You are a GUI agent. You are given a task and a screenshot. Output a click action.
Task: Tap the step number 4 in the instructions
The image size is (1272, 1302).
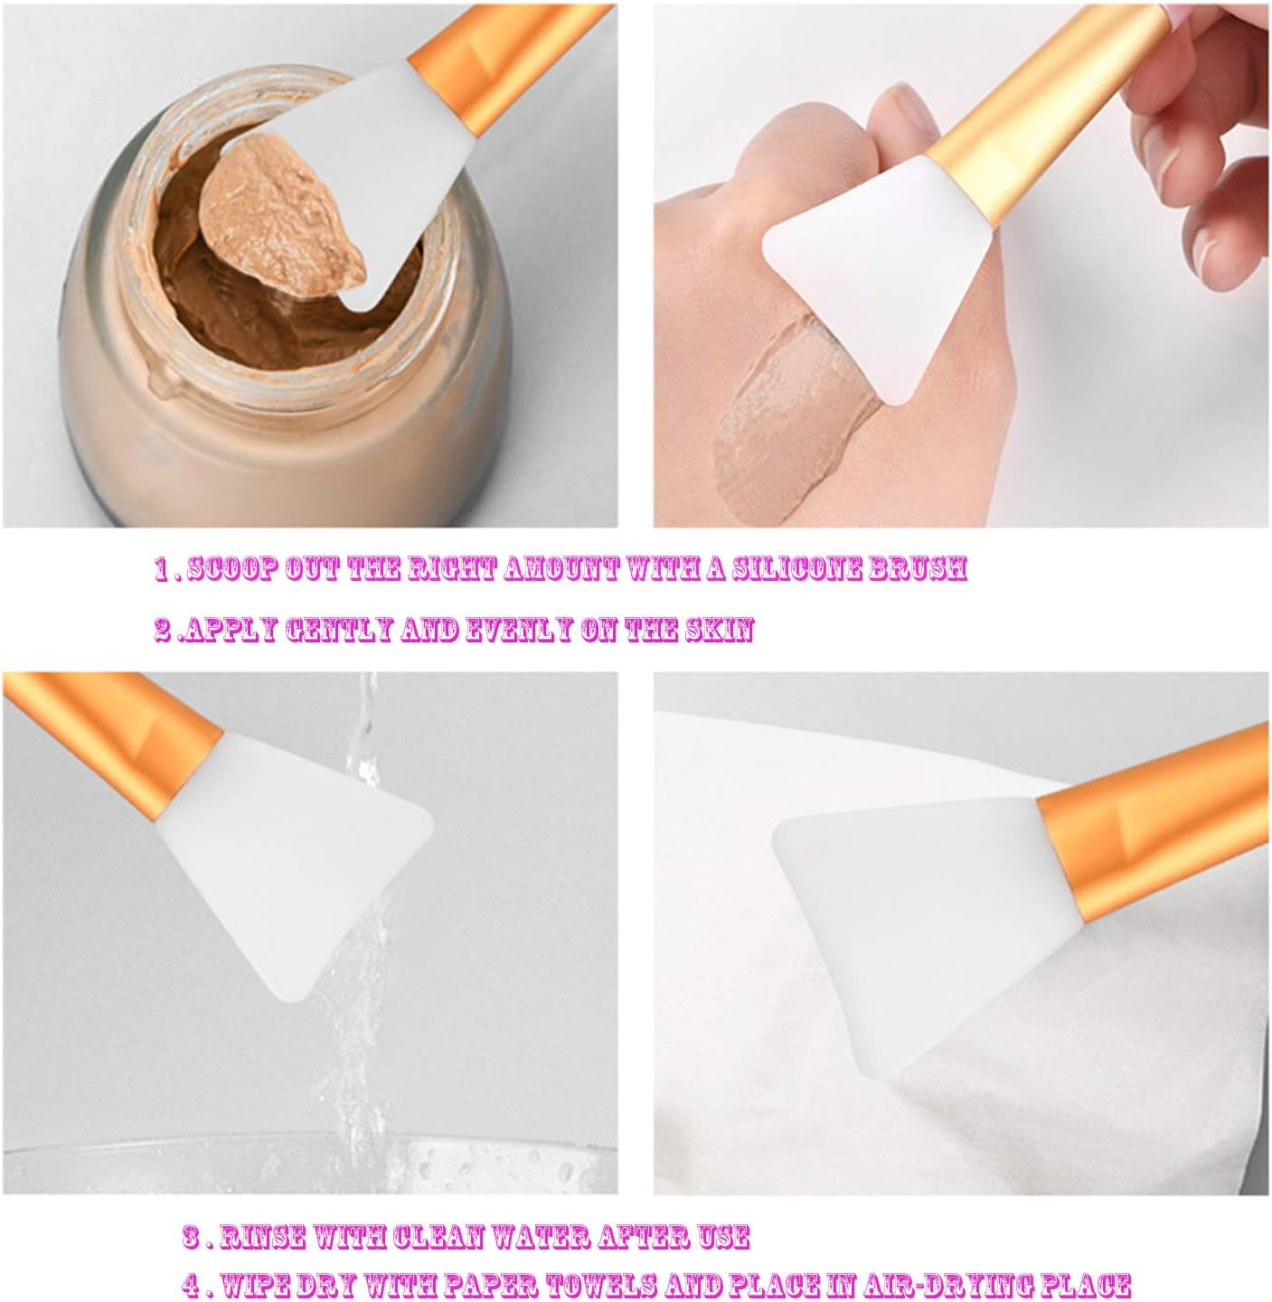pos(191,1284)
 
